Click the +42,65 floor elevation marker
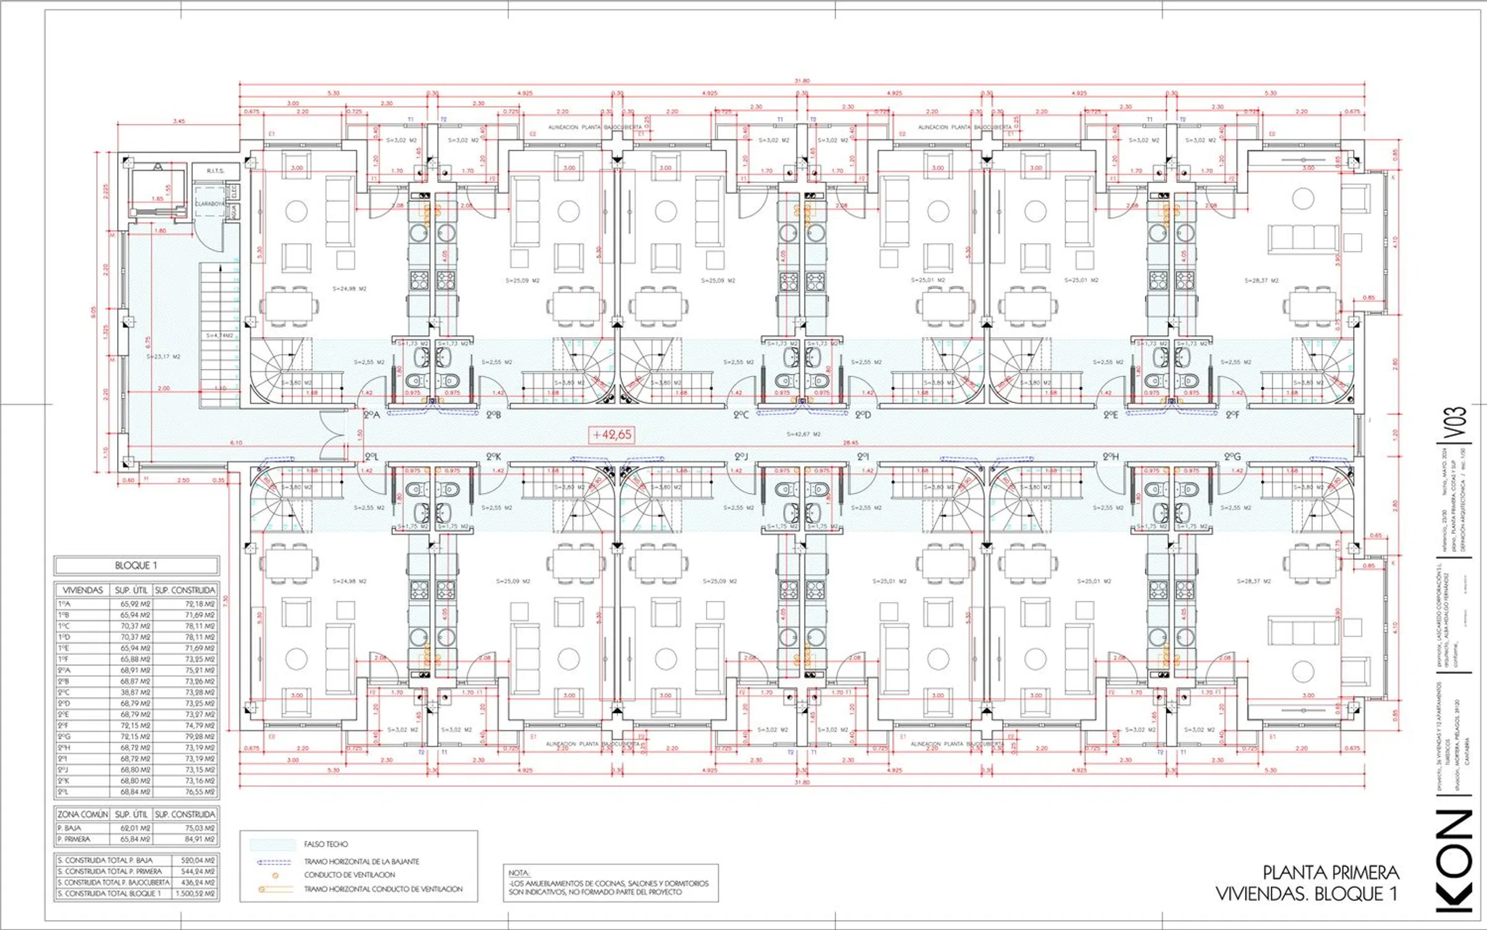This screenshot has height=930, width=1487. click(612, 435)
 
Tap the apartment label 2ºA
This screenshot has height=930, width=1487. click(371, 415)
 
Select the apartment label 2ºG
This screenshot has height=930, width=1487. click(1232, 457)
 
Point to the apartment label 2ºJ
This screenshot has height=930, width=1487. click(741, 457)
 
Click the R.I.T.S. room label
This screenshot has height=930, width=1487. click(215, 170)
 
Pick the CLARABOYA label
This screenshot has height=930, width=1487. click(210, 204)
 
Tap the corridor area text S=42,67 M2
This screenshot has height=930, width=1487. click(803, 434)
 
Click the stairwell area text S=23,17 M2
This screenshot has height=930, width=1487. click(163, 356)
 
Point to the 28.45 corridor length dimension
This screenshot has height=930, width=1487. click(850, 443)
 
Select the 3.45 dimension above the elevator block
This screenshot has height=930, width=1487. click(179, 121)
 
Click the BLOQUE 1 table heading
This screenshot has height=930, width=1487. click(136, 565)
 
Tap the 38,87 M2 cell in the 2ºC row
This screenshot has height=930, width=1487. click(135, 692)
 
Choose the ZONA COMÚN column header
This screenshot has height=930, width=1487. click(82, 814)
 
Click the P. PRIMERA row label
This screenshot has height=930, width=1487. click(74, 839)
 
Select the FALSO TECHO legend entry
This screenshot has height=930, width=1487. click(326, 844)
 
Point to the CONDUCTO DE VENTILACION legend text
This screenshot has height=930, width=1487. click(349, 875)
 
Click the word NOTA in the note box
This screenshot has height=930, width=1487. click(519, 873)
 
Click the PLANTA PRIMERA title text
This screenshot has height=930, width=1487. click(1330, 873)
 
